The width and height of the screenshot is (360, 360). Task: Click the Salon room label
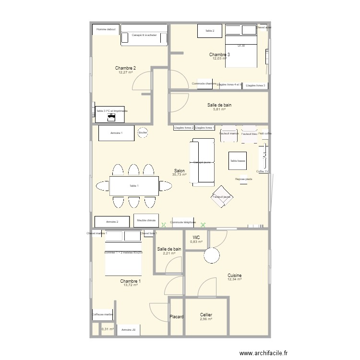point(180,170)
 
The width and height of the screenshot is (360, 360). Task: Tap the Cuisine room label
point(234,276)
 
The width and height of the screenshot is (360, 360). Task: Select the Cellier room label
point(206,315)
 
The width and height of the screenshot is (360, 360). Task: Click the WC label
point(196,237)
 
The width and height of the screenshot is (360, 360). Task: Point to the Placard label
point(177,317)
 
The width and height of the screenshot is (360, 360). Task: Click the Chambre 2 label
point(125,68)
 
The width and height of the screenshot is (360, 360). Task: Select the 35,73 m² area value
point(179,175)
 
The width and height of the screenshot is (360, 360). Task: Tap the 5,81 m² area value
point(219,109)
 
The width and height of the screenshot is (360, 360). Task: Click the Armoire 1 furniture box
point(116,133)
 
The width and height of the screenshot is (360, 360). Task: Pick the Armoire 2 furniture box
point(112,222)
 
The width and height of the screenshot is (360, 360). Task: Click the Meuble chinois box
point(146,220)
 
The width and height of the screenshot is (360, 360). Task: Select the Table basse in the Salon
point(238,161)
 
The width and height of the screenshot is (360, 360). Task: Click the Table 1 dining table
point(134,186)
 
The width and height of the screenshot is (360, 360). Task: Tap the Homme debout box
point(106,30)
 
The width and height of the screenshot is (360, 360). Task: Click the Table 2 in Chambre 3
point(210,31)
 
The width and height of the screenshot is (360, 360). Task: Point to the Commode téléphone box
point(183,222)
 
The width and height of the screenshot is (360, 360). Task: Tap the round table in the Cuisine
point(211,255)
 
